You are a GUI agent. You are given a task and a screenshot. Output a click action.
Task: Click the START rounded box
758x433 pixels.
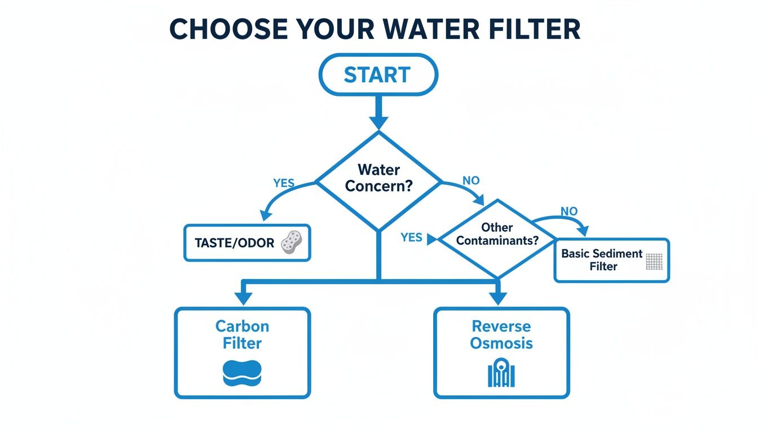378,75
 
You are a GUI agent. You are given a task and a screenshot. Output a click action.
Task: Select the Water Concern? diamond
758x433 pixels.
378,178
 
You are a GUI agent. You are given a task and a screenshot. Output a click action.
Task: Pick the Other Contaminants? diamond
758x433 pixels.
497,235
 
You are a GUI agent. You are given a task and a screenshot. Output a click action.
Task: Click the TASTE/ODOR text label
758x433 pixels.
234,243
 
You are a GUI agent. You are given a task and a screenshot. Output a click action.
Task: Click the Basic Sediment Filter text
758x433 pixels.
602,260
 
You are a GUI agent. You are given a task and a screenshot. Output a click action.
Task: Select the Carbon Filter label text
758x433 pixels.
242,334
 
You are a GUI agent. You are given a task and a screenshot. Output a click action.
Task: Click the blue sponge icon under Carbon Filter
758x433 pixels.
243,372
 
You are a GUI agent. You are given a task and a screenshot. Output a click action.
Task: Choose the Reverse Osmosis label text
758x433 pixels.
501,334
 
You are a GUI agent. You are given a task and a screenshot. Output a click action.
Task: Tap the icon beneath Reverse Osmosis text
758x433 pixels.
501,373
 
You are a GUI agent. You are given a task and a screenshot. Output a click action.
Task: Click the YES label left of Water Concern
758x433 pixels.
284,183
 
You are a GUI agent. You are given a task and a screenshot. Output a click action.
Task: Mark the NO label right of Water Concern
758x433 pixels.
470,180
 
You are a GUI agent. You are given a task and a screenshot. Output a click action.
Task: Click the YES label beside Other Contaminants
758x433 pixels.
411,237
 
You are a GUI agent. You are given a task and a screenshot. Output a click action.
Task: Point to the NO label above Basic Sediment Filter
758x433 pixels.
568,211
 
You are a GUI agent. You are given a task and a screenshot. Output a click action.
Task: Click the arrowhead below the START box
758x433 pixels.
378,122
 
